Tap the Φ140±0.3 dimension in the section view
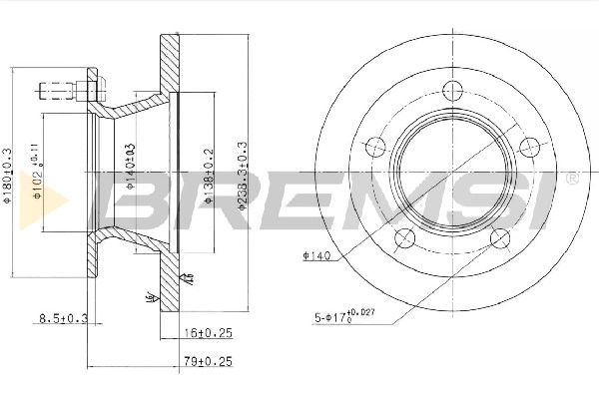click(131, 165)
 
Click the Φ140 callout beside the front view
click(315, 256)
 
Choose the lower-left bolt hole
click(405, 237)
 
